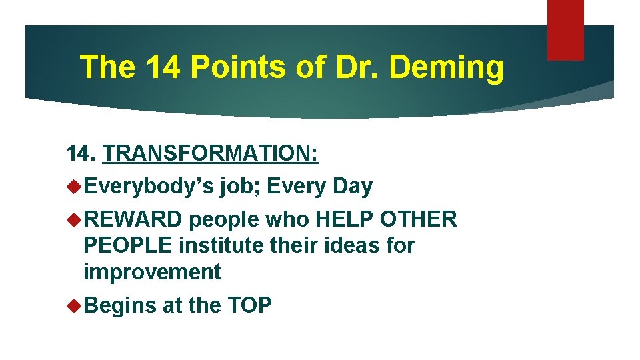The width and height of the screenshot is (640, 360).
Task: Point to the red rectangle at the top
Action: pos(565,29)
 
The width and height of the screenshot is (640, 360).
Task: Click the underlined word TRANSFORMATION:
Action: pos(211,155)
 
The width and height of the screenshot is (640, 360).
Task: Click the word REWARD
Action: pos(133,219)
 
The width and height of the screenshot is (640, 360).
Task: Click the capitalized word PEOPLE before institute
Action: pos(127,245)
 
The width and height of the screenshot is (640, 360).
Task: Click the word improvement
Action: pos(152,272)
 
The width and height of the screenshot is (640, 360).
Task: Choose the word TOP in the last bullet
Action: pos(249,305)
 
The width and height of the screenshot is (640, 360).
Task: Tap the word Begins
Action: pos(120,305)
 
